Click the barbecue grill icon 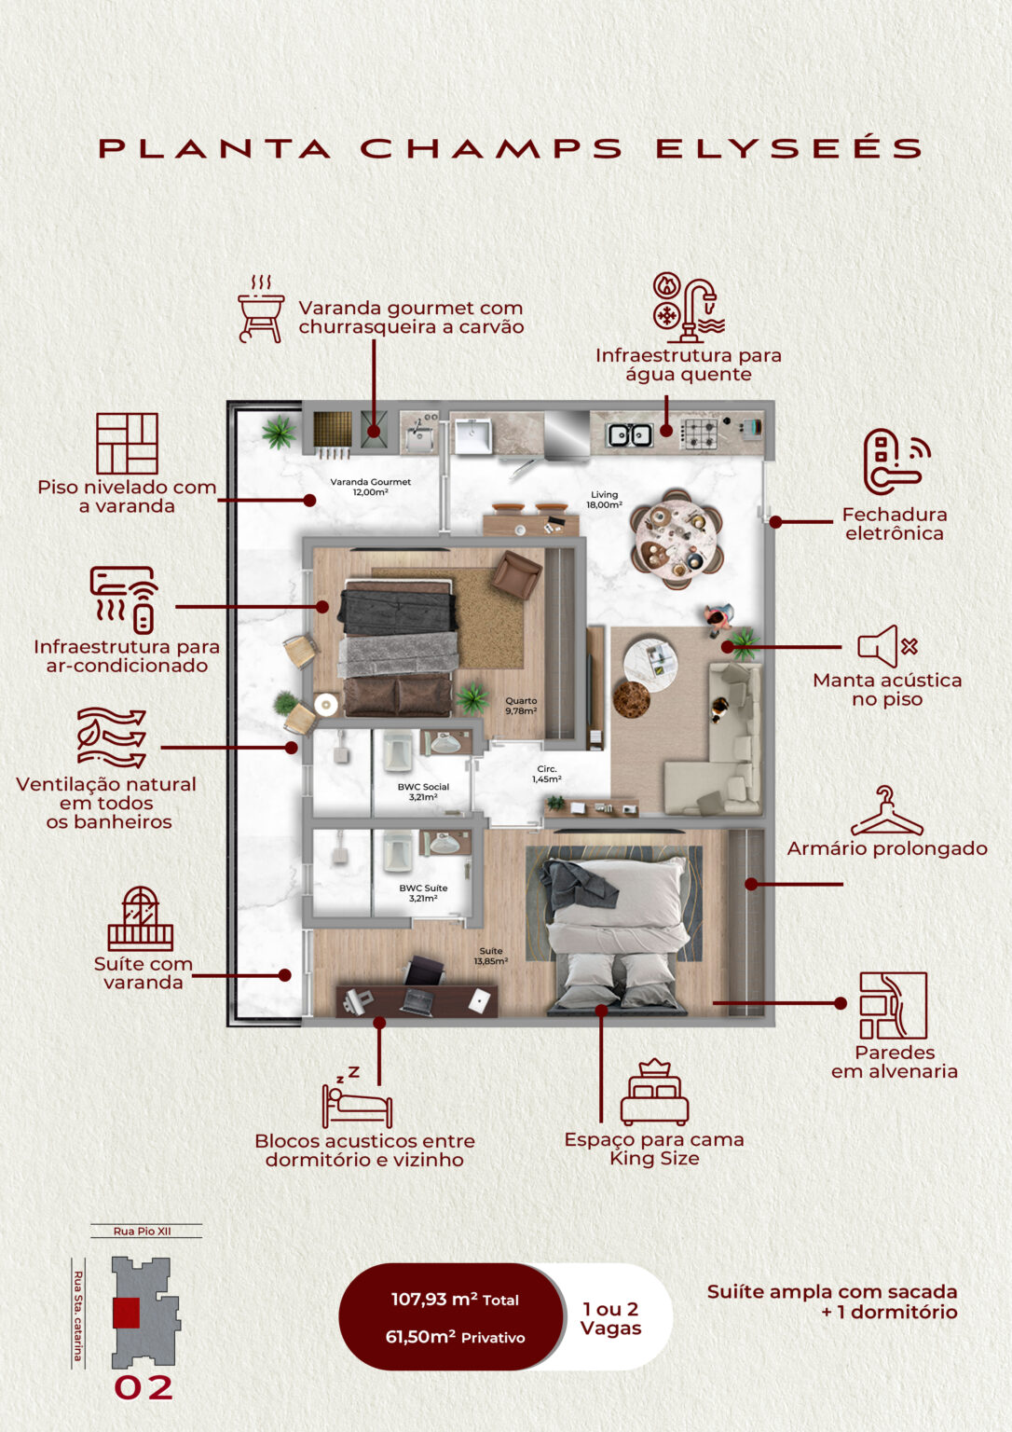point(261,309)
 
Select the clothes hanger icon point(886,812)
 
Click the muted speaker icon point(887,646)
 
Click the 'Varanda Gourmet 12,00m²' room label point(370,487)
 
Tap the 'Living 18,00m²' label point(604,500)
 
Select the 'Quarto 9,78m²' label point(521,706)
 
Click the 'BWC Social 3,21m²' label point(423,792)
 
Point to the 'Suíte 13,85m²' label point(490,956)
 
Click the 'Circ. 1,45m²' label point(547,774)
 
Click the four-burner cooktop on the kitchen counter point(700,432)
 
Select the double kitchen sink point(629,434)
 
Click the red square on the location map point(126,1313)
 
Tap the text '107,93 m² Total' point(455,1300)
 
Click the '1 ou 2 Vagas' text point(610,1318)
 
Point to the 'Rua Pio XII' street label point(143,1232)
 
